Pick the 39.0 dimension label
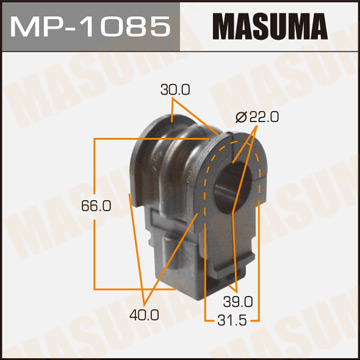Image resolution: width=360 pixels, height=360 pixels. tap(237, 299)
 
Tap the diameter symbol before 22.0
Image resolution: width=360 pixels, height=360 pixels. tap(240, 117)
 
